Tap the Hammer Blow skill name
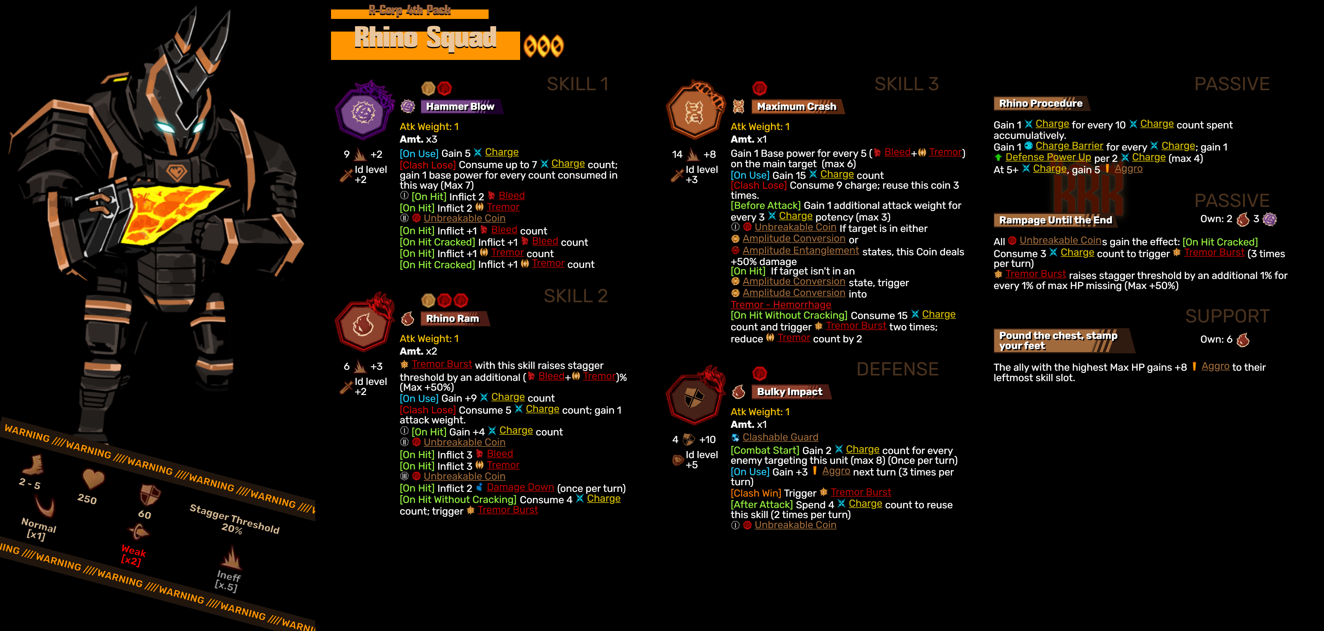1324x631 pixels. pos(460,106)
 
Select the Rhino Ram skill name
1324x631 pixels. pos(452,318)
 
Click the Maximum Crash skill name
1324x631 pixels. pos(796,106)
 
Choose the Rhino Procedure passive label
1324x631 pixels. pos(1040,103)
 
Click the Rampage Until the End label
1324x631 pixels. pos(1055,220)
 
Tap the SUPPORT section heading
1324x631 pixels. pos(1227,316)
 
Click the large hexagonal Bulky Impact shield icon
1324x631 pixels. pos(694,398)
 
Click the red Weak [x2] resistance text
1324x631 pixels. pos(133,555)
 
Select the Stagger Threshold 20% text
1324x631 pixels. pos(234,519)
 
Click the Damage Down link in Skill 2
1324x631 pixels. pos(520,487)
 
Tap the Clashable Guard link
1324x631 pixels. pos(780,437)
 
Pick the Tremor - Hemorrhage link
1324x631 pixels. pos(781,304)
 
